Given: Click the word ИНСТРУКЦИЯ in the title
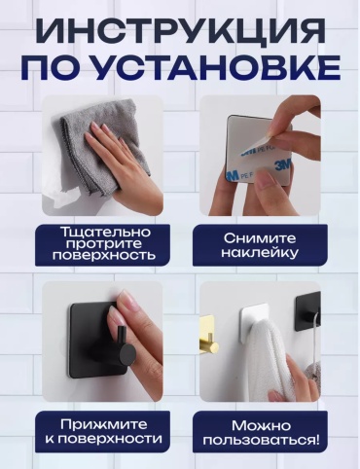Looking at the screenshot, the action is [x=180, y=31].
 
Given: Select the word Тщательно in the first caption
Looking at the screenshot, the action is [x=106, y=233].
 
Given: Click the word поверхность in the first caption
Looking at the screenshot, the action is [x=104, y=255].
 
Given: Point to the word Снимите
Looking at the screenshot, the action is [x=260, y=238].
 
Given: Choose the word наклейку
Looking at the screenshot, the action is [x=260, y=253].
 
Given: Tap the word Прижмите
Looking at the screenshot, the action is [x=104, y=424].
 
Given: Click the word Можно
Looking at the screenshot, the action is [x=261, y=426].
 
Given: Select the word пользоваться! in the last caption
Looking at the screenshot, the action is [x=261, y=441].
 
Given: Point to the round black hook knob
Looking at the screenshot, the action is [x=126, y=353].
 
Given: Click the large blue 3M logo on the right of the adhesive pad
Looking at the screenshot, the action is [x=282, y=166].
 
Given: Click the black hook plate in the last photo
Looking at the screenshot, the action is [x=307, y=310].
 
